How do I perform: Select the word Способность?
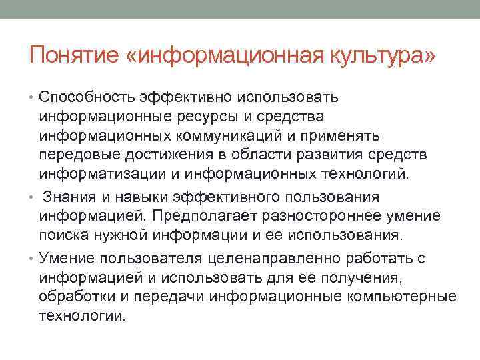87,98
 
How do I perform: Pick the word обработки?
75,296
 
